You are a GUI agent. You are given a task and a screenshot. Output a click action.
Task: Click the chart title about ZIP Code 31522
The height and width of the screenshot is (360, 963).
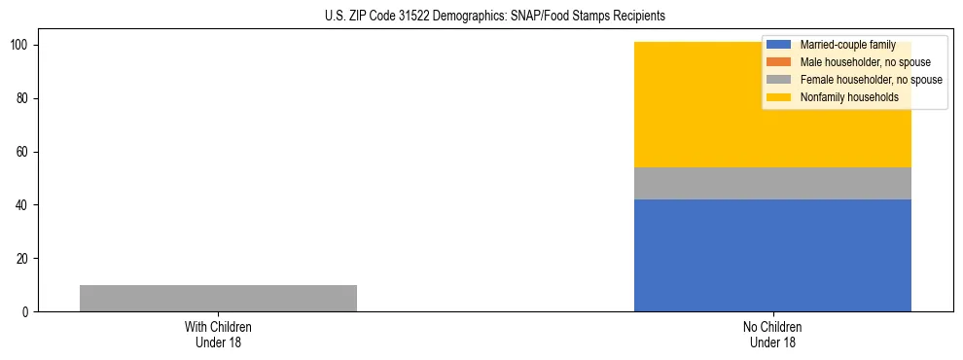pos(495,17)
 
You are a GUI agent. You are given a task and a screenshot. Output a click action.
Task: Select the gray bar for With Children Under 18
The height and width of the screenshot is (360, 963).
pos(218,298)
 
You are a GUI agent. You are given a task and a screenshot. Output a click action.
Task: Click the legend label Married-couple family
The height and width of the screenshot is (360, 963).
pos(847,45)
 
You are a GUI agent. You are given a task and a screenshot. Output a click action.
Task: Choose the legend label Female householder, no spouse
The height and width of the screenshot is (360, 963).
pos(871,80)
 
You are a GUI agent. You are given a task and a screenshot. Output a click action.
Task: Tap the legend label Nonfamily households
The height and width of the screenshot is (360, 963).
pos(849,97)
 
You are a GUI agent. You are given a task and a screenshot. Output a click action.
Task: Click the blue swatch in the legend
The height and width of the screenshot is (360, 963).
pos(779,45)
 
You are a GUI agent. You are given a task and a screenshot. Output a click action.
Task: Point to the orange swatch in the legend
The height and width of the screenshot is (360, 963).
pos(779,62)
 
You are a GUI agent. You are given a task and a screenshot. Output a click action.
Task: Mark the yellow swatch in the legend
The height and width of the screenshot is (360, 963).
pos(779,97)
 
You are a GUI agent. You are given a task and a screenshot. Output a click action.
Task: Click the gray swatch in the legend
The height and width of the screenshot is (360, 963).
pos(779,80)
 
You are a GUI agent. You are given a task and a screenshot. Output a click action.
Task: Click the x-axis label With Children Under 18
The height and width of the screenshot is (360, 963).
pos(218,334)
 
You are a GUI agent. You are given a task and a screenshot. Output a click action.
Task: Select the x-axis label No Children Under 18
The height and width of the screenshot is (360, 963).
pos(772,334)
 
